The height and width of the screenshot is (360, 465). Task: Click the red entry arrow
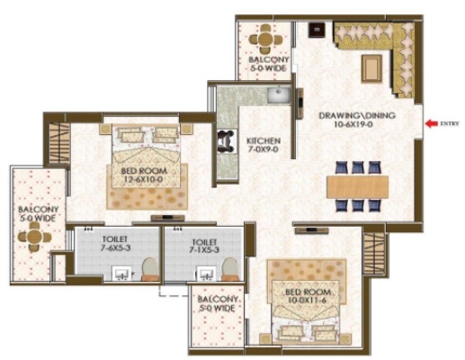[432, 123]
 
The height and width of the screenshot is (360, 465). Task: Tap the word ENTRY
[450, 123]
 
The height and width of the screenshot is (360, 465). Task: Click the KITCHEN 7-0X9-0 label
[264, 145]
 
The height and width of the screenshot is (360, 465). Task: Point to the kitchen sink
[279, 94]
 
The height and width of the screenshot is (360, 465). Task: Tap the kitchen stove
[225, 141]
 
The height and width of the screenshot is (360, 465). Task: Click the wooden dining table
[357, 186]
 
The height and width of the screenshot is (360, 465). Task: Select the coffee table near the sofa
[371, 68]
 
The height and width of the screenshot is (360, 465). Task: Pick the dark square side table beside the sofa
[317, 31]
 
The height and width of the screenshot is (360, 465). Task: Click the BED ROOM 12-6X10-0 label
[144, 175]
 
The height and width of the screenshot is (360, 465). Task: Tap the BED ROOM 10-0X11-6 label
[308, 296]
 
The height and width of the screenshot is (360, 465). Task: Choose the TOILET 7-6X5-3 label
[115, 244]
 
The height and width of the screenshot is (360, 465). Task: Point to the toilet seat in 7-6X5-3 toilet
[150, 269]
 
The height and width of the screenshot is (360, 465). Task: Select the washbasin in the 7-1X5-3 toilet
[206, 274]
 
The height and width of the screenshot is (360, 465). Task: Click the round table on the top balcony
[265, 39]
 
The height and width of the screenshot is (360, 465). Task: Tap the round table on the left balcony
[34, 237]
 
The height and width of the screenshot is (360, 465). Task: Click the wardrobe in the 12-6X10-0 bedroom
[59, 143]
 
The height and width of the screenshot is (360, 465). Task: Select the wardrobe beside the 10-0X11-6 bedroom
[374, 254]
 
